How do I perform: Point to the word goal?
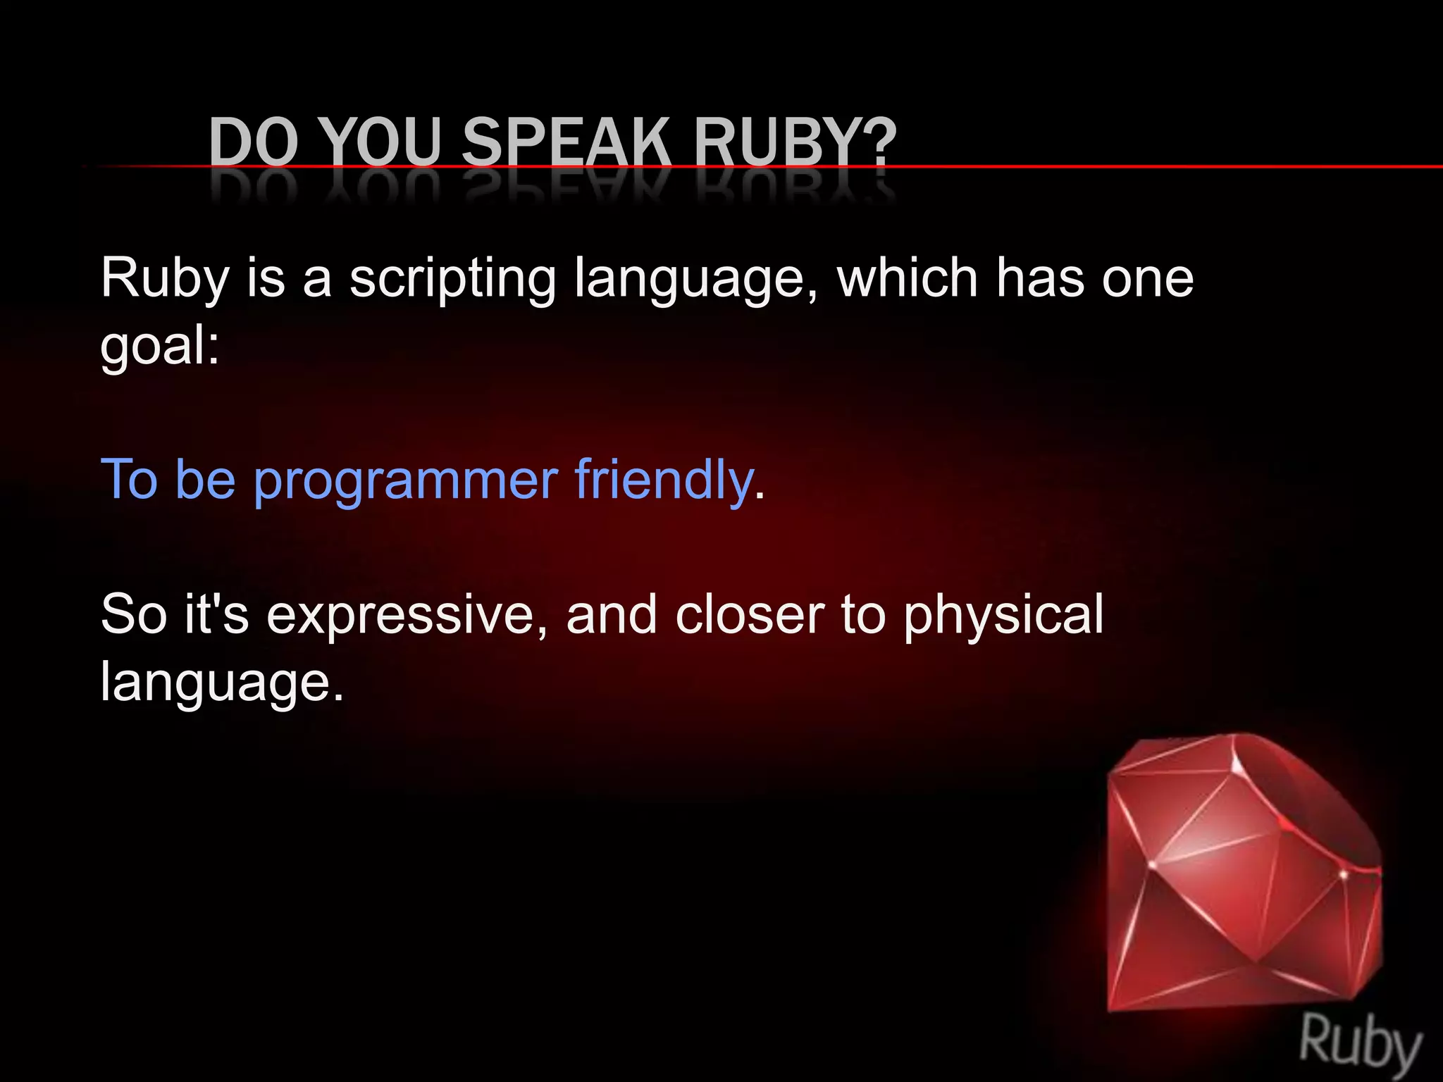pyautogui.click(x=160, y=346)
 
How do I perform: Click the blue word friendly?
pyautogui.click(x=664, y=479)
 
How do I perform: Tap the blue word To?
pyautogui.click(x=130, y=479)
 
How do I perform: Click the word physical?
pyautogui.click(x=1003, y=615)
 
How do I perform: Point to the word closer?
pyautogui.click(x=749, y=614)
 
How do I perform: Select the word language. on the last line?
pyautogui.click(x=222, y=682)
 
